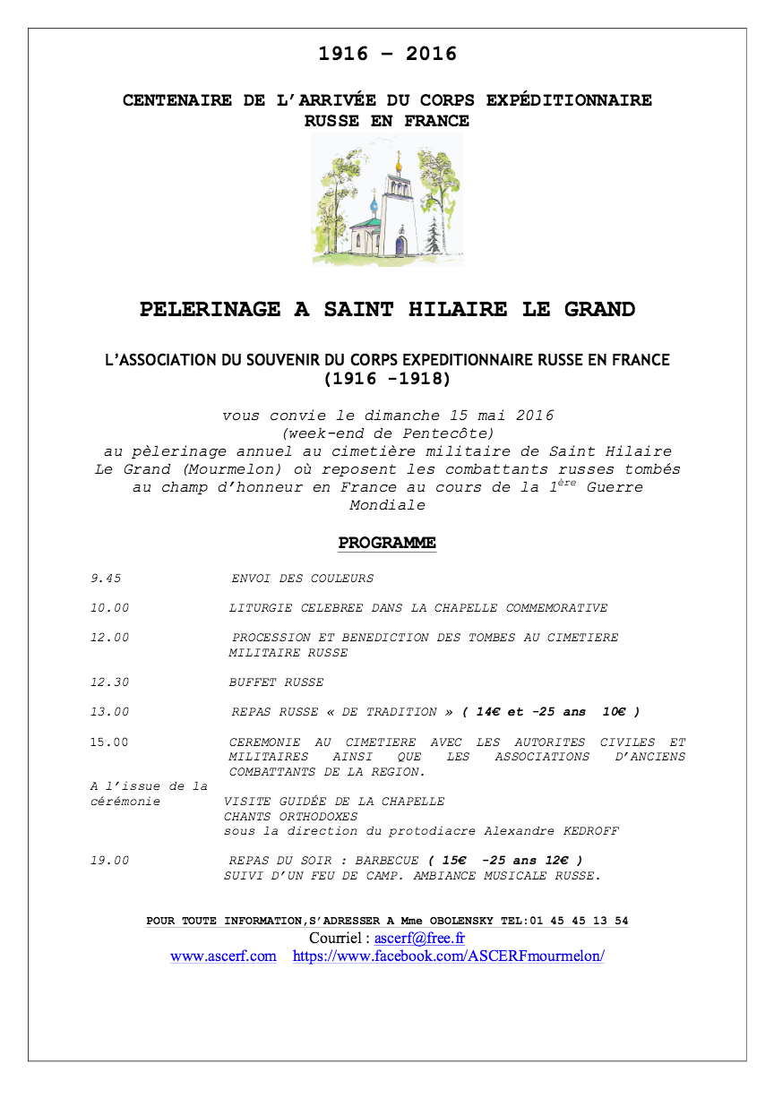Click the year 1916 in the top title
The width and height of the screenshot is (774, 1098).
tap(343, 54)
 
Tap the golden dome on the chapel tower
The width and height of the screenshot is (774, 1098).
tap(398, 166)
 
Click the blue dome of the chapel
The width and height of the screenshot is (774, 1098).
tap(374, 204)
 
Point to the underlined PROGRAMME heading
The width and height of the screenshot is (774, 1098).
tap(387, 543)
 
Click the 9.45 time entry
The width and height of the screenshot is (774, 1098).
tap(106, 579)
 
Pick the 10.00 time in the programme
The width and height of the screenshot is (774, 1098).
tap(109, 608)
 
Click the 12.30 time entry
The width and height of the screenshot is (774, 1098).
tap(109, 682)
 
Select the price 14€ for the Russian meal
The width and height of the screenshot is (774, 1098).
tap(488, 712)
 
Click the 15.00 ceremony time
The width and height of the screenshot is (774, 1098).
tap(109, 742)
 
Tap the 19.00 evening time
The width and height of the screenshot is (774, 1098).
tap(109, 861)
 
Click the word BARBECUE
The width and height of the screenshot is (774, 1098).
tap(387, 861)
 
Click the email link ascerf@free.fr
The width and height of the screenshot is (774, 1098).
tap(419, 939)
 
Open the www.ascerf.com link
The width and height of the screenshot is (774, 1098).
tap(223, 956)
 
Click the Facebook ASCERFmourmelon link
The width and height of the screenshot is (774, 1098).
tap(449, 956)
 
